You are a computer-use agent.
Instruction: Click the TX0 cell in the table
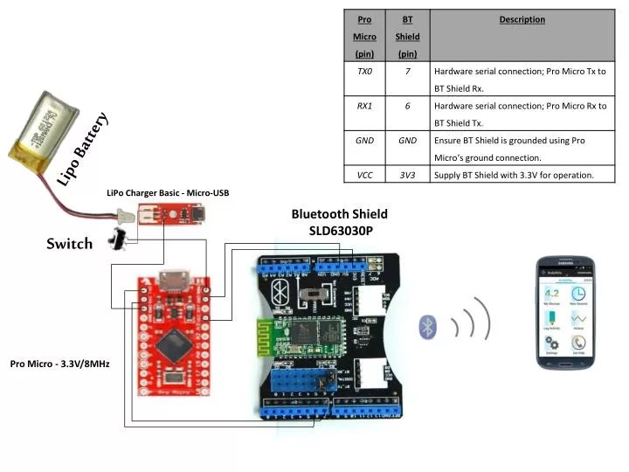[x=364, y=71]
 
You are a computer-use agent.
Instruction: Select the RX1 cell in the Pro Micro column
[x=364, y=106]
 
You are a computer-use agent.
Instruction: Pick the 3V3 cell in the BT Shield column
[x=407, y=175]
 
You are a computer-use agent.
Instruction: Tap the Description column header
[x=522, y=19]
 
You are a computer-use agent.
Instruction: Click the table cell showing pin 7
[x=407, y=71]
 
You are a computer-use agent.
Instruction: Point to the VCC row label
[x=364, y=175]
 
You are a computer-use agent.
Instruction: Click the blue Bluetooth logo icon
[x=427, y=326]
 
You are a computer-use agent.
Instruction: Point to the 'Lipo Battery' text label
[x=83, y=149]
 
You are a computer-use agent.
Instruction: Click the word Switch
[x=70, y=244]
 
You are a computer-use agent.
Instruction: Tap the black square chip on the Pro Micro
[x=176, y=346]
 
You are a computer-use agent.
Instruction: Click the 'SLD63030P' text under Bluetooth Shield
[x=340, y=231]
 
